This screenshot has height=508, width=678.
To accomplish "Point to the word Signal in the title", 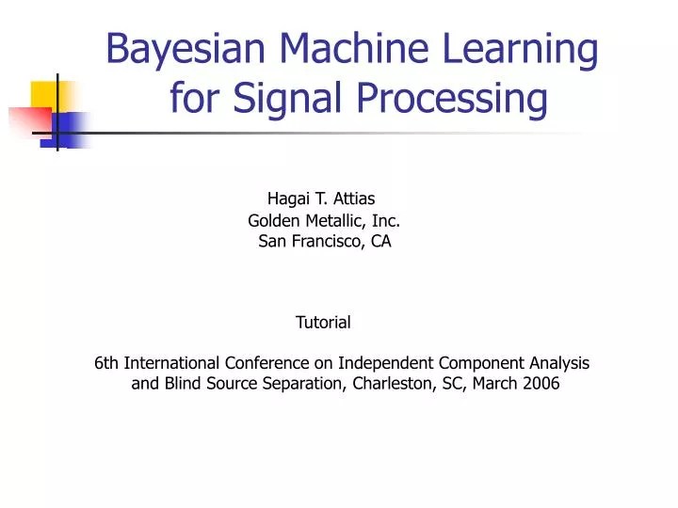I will click(x=274, y=98).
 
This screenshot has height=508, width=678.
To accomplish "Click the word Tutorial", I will click(x=323, y=323).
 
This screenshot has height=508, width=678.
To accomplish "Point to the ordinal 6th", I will click(x=107, y=363).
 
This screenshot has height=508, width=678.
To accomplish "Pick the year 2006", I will click(x=541, y=384).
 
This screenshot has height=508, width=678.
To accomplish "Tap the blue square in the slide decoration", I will click(x=71, y=127).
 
